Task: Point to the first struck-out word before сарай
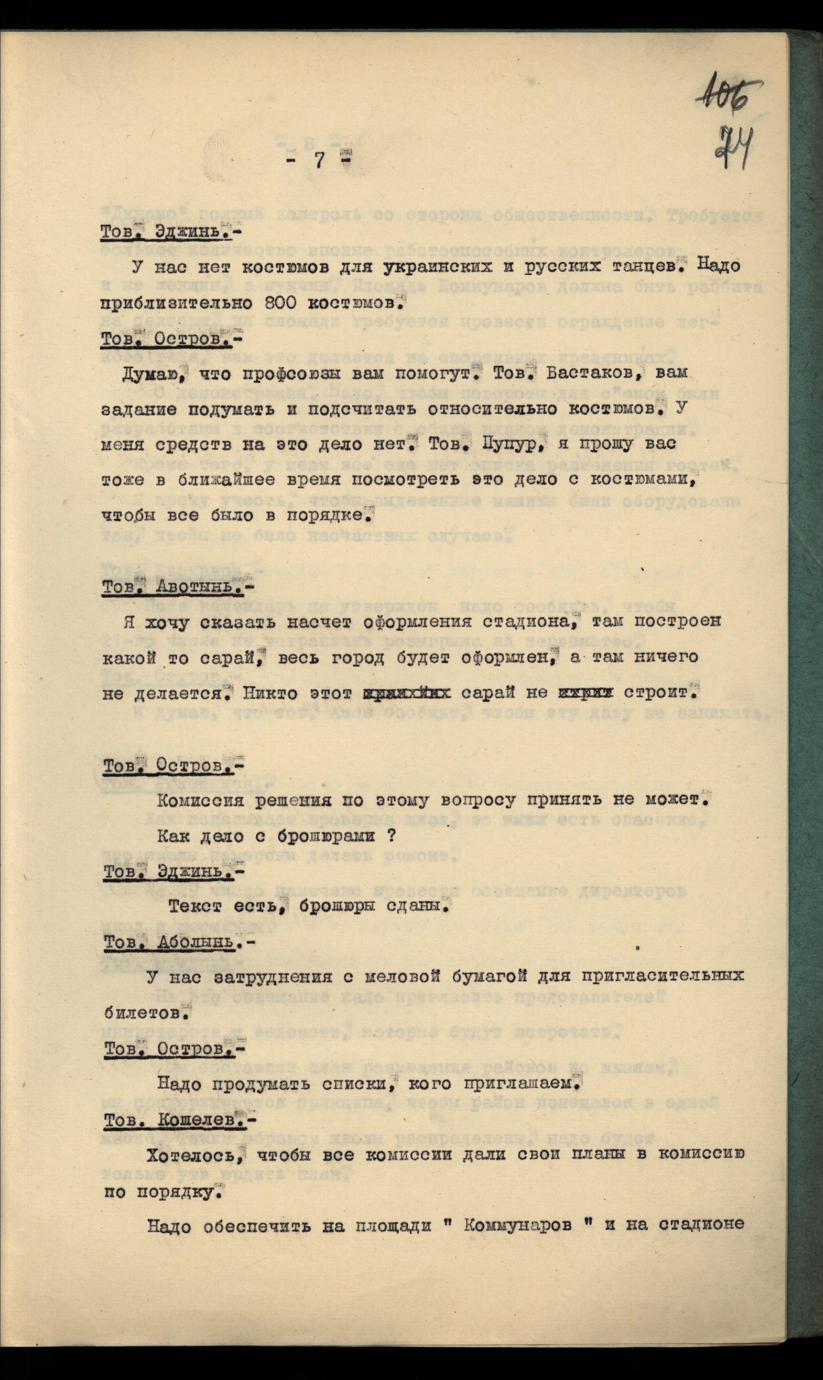point(407,693)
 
